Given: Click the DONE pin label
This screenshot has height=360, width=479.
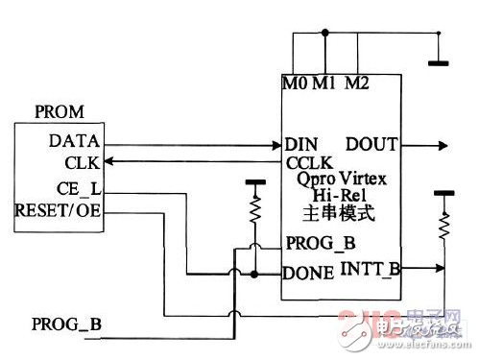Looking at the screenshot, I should point(308,273).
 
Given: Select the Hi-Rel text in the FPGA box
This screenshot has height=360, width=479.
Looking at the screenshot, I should point(342,196).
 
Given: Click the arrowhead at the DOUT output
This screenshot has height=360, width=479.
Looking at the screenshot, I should point(440,146).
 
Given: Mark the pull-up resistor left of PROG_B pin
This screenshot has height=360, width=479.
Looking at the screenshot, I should point(255,210).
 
